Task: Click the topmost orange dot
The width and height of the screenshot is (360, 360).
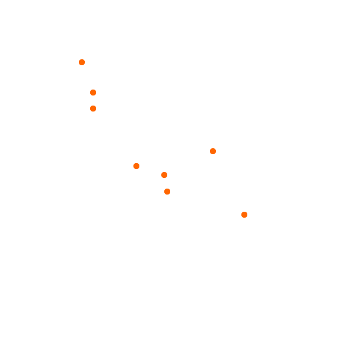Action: click(x=82, y=62)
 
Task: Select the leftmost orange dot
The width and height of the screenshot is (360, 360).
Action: click(x=82, y=62)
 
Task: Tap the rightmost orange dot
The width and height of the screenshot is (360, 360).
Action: click(x=244, y=215)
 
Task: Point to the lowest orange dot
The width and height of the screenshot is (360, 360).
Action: click(x=244, y=215)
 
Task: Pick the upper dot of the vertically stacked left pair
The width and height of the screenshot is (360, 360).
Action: click(x=93, y=93)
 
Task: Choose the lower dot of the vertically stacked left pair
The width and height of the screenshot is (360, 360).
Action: click(x=93, y=109)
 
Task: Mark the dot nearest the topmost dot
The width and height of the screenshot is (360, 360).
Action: click(x=93, y=93)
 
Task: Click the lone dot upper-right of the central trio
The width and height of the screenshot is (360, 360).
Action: click(x=213, y=151)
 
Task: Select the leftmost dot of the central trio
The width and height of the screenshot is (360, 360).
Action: click(x=136, y=166)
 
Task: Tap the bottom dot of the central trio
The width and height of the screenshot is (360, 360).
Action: click(x=167, y=192)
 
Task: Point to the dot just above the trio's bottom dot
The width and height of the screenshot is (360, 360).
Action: click(x=164, y=175)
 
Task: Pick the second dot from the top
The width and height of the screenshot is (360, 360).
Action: click(x=93, y=93)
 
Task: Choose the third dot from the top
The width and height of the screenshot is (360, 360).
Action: click(x=93, y=109)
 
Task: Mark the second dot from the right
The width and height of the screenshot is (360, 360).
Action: click(x=213, y=151)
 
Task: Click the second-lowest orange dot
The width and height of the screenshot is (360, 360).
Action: click(x=167, y=192)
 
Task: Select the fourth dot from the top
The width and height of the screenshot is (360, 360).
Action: click(x=213, y=151)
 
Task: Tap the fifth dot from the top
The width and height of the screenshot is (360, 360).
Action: click(x=136, y=166)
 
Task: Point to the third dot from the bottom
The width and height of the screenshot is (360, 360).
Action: click(x=164, y=175)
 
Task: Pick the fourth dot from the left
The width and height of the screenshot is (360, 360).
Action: click(x=136, y=166)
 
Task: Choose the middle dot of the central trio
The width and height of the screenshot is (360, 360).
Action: click(x=164, y=175)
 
